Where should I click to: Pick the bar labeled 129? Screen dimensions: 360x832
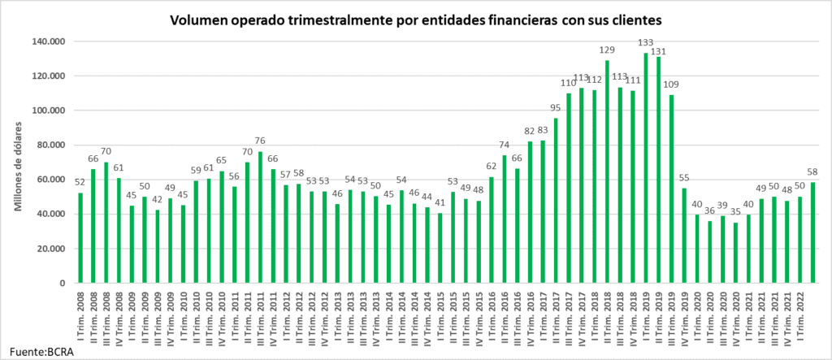pyautogui.click(x=606, y=171)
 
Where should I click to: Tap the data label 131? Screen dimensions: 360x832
pyautogui.click(x=659, y=49)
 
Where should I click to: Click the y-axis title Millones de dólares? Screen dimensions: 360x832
pyautogui.click(x=17, y=163)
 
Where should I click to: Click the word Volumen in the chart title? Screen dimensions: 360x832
pyautogui.click(x=200, y=18)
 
